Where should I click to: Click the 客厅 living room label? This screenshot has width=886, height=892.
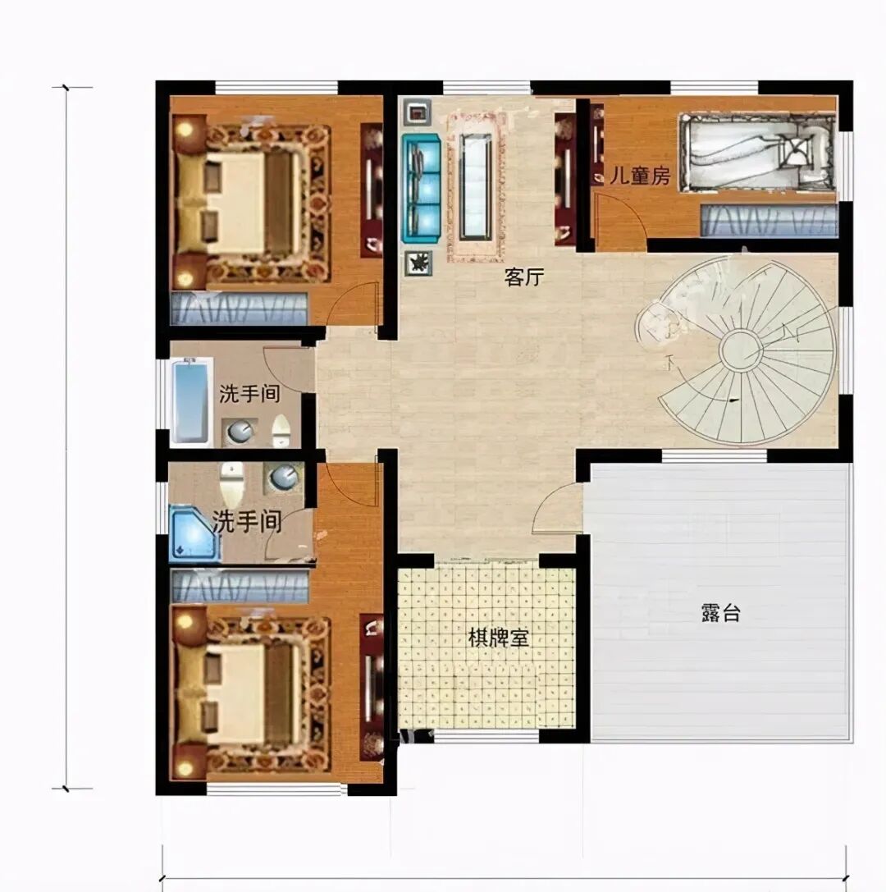(x=523, y=277)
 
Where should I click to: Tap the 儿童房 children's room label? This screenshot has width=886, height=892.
(x=640, y=176)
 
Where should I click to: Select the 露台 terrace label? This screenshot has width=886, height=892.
(x=720, y=613)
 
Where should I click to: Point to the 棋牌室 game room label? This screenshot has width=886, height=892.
(x=498, y=638)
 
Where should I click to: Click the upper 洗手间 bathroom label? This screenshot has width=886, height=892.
(x=249, y=394)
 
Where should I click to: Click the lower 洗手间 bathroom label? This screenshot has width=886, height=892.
(x=248, y=521)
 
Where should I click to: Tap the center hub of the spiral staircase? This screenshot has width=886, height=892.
(x=741, y=350)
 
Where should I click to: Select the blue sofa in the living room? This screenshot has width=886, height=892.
(x=422, y=188)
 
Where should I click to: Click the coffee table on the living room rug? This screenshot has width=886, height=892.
(x=476, y=186)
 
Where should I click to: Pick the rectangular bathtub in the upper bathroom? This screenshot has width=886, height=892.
(x=190, y=401)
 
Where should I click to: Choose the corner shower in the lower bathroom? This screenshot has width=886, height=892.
(x=194, y=535)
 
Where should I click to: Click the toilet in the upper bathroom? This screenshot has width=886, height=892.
(x=281, y=431)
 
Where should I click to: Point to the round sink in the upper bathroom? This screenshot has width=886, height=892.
(x=240, y=432)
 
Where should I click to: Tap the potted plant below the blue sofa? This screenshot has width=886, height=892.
(x=418, y=263)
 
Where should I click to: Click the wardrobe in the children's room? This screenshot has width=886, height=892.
(x=770, y=221)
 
